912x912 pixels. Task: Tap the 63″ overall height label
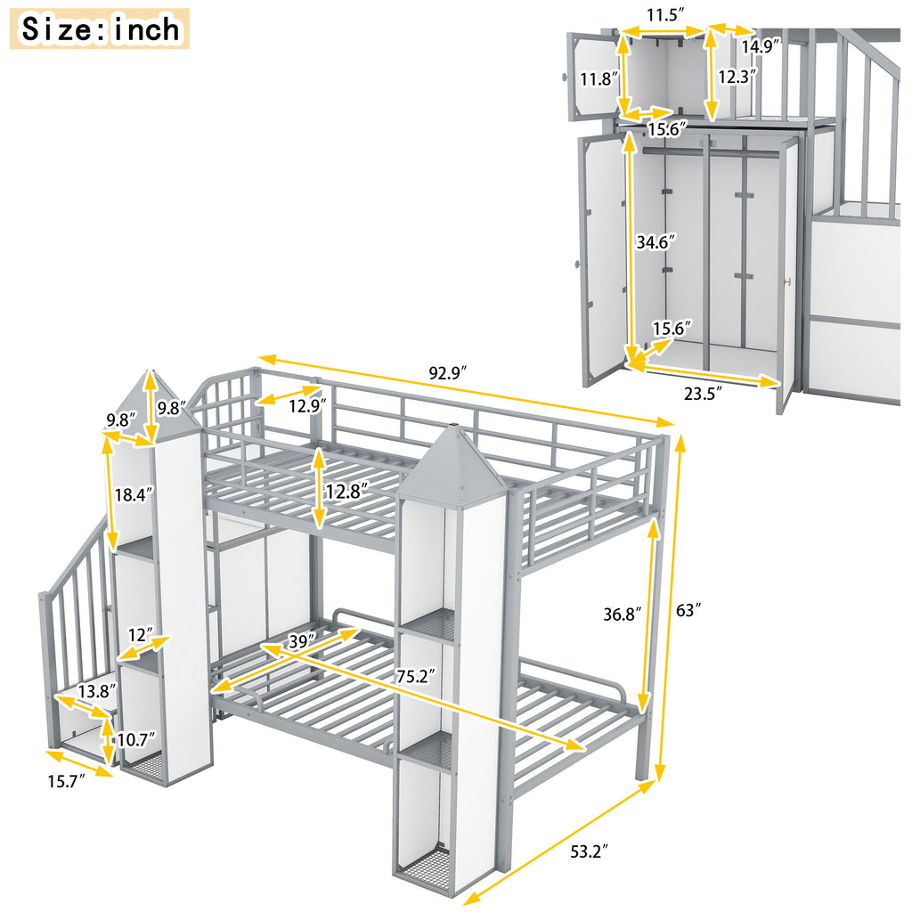[688, 611]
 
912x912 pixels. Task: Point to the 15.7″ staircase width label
[68, 782]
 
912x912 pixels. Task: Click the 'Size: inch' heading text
[101, 28]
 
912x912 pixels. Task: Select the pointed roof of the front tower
[453, 463]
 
